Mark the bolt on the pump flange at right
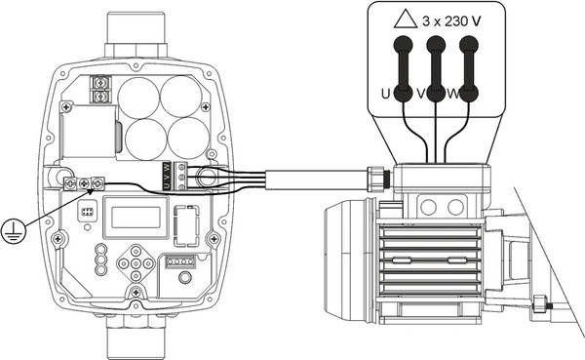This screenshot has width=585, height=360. coord(542,304)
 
